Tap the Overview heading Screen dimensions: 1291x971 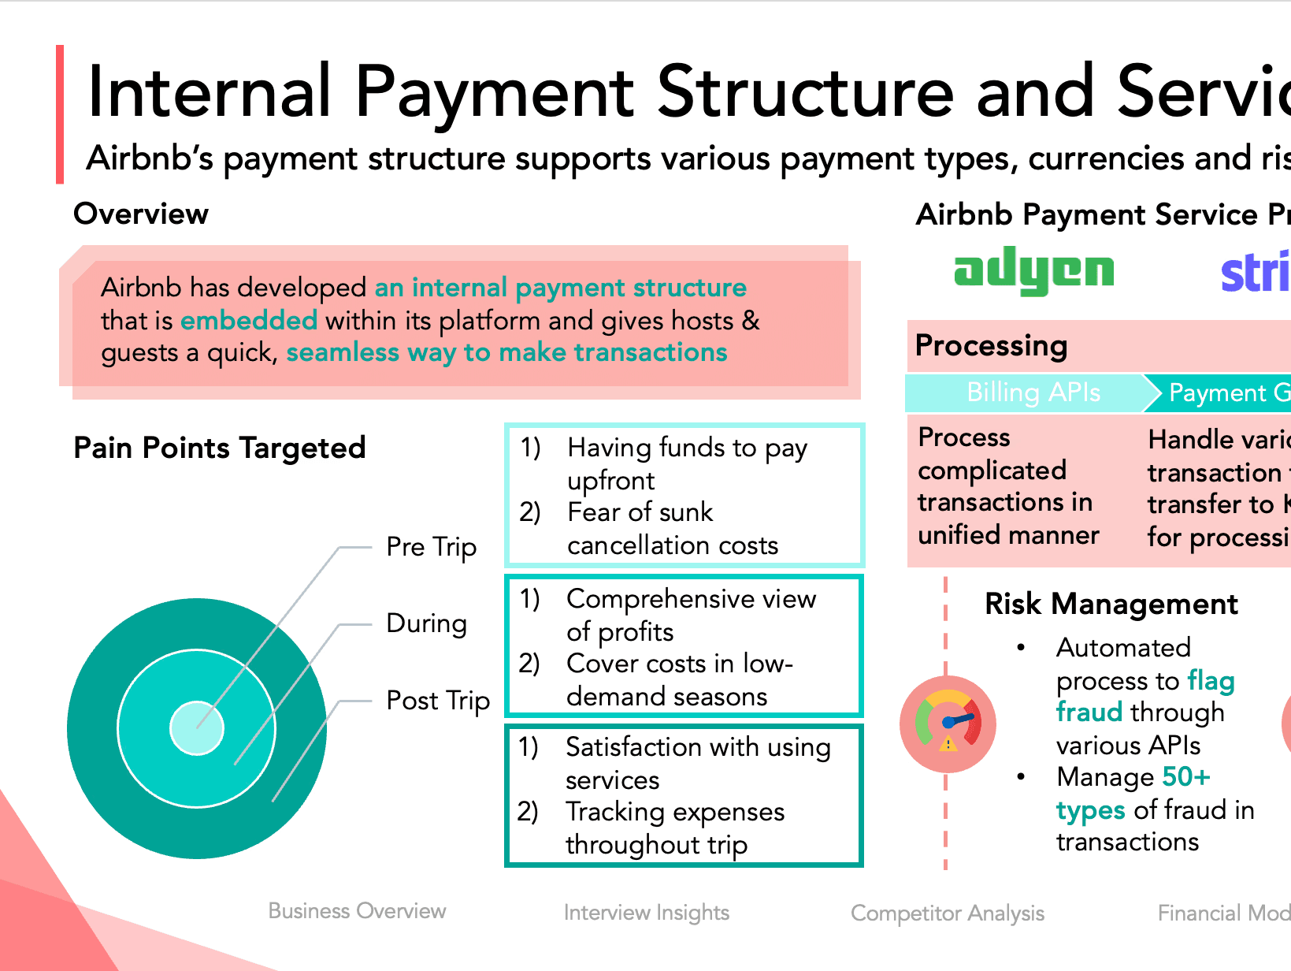pos(141,214)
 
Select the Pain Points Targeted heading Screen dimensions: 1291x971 pos(219,448)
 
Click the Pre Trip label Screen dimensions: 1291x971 pos(431,547)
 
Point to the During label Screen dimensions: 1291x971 pos(426,623)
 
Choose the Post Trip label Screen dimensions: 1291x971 pos(438,701)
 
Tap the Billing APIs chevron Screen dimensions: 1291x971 pos(1033,392)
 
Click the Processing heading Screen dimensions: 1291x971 pos(991,345)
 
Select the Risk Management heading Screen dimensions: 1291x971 pos(1111,604)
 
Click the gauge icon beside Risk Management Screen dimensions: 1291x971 pos(948,724)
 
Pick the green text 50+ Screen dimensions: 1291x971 pos(1185,777)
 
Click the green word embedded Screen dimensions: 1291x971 pos(249,321)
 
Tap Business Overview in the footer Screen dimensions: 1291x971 pos(357,911)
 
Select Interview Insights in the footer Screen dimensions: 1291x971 pos(646,913)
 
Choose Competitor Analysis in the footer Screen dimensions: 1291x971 pos(947,913)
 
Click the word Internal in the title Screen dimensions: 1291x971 pos(210,93)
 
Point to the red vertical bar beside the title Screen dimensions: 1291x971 pos(60,114)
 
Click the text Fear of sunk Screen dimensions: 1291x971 pos(640,512)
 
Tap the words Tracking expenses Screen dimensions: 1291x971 pos(674,812)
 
